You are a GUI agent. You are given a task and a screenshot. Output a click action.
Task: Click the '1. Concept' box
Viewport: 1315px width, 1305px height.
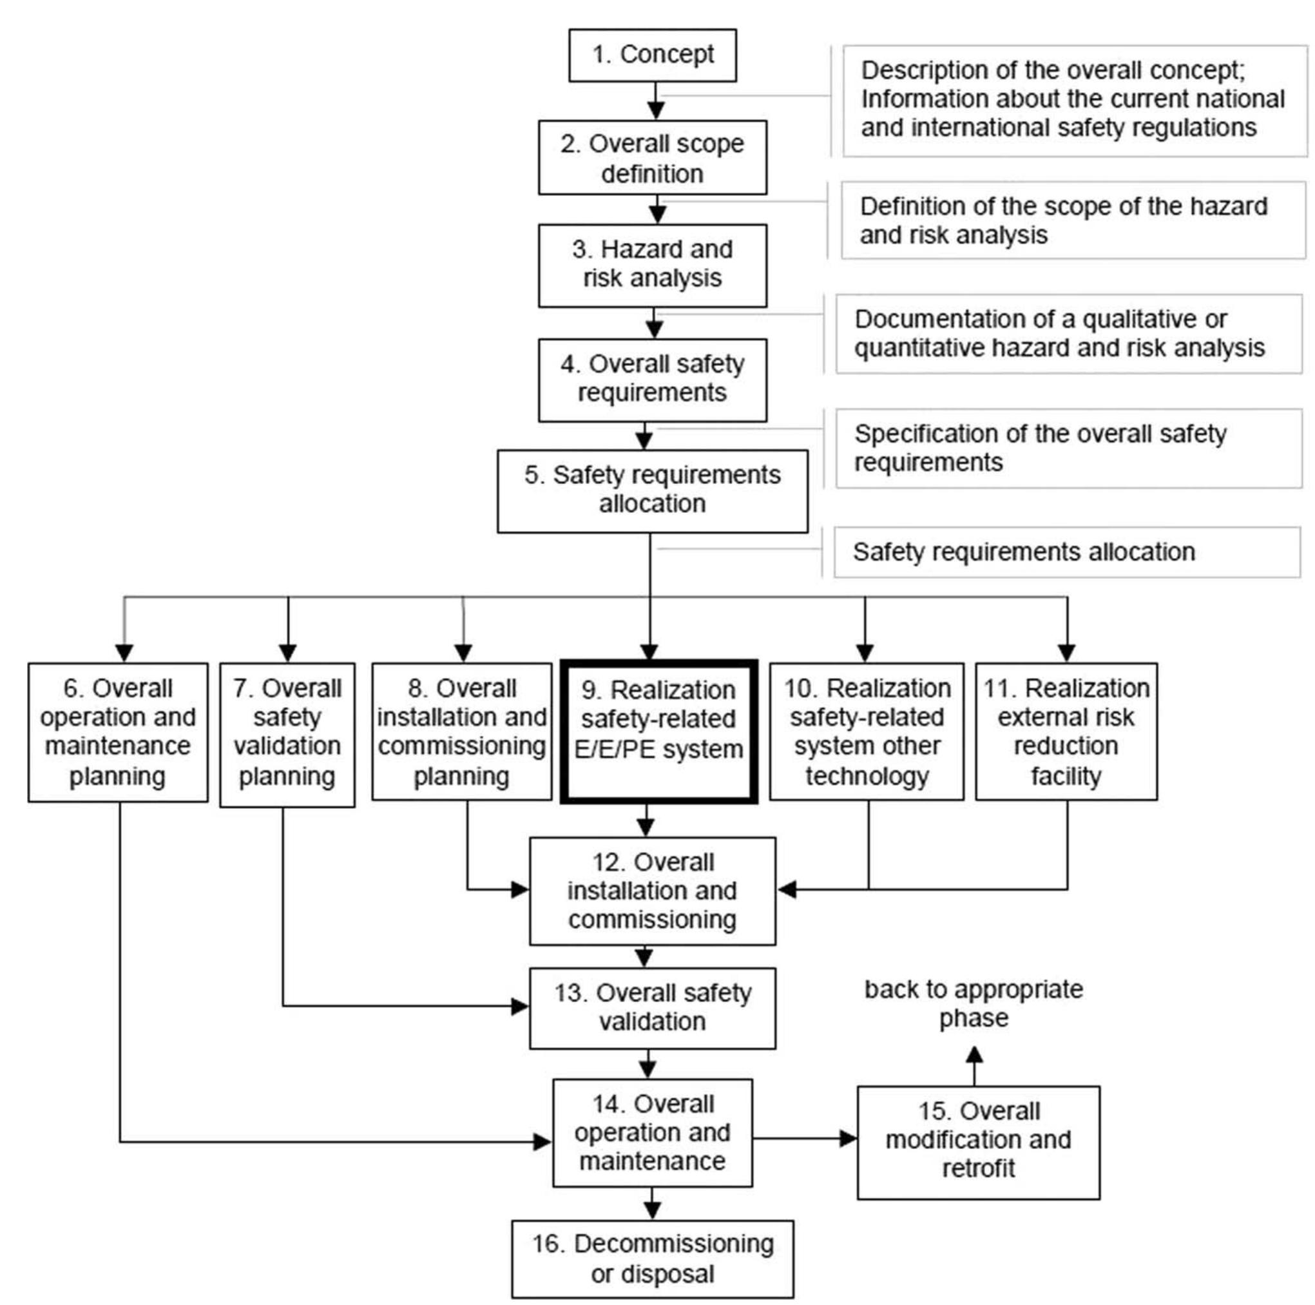652,55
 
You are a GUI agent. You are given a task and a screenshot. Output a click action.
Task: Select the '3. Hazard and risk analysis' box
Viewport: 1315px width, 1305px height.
652,265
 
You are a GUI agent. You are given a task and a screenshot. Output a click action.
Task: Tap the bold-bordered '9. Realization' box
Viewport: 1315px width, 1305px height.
658,732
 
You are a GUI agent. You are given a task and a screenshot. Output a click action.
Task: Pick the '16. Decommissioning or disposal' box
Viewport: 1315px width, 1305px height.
652,1258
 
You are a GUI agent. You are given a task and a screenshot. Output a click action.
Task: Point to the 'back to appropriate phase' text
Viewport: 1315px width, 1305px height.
974,1003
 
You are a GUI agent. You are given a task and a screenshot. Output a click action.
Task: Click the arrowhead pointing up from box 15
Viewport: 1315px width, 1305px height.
974,1056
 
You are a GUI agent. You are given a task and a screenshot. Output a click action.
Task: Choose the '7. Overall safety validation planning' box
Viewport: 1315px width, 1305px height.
287,734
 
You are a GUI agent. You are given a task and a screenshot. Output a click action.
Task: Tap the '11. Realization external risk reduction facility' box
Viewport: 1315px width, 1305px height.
1066,732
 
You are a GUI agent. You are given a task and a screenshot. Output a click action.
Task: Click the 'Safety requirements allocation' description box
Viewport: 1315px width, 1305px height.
1066,552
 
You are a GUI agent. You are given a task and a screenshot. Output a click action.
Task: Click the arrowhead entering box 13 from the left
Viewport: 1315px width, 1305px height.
520,1006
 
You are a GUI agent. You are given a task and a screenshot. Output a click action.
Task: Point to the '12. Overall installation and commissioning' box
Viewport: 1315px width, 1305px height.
652,891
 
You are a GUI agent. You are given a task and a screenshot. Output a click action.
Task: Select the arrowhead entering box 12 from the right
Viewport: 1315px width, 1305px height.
787,889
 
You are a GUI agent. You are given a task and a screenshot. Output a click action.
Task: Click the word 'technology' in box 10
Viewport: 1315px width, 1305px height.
867,775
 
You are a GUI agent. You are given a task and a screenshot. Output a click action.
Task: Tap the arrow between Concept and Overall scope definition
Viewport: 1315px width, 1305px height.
655,101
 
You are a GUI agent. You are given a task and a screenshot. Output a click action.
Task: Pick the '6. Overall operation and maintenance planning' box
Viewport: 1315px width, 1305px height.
118,732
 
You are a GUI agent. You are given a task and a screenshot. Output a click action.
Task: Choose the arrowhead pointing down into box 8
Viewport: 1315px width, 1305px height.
463,652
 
